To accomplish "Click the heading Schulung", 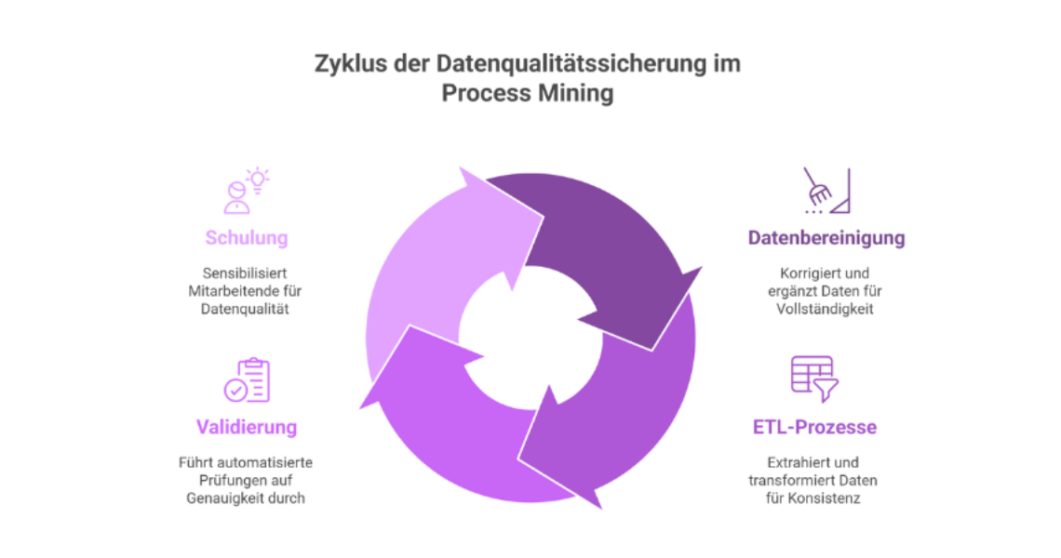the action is [x=247, y=238].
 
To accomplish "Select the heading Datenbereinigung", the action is [x=826, y=238].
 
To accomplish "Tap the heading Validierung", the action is [x=247, y=428].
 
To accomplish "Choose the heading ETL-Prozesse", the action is [x=814, y=428].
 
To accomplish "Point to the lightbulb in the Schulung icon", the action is [x=258, y=179].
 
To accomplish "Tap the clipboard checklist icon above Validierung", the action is [x=247, y=379].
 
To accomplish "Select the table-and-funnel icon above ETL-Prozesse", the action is [x=814, y=379].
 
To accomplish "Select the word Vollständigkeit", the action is [x=825, y=309].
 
